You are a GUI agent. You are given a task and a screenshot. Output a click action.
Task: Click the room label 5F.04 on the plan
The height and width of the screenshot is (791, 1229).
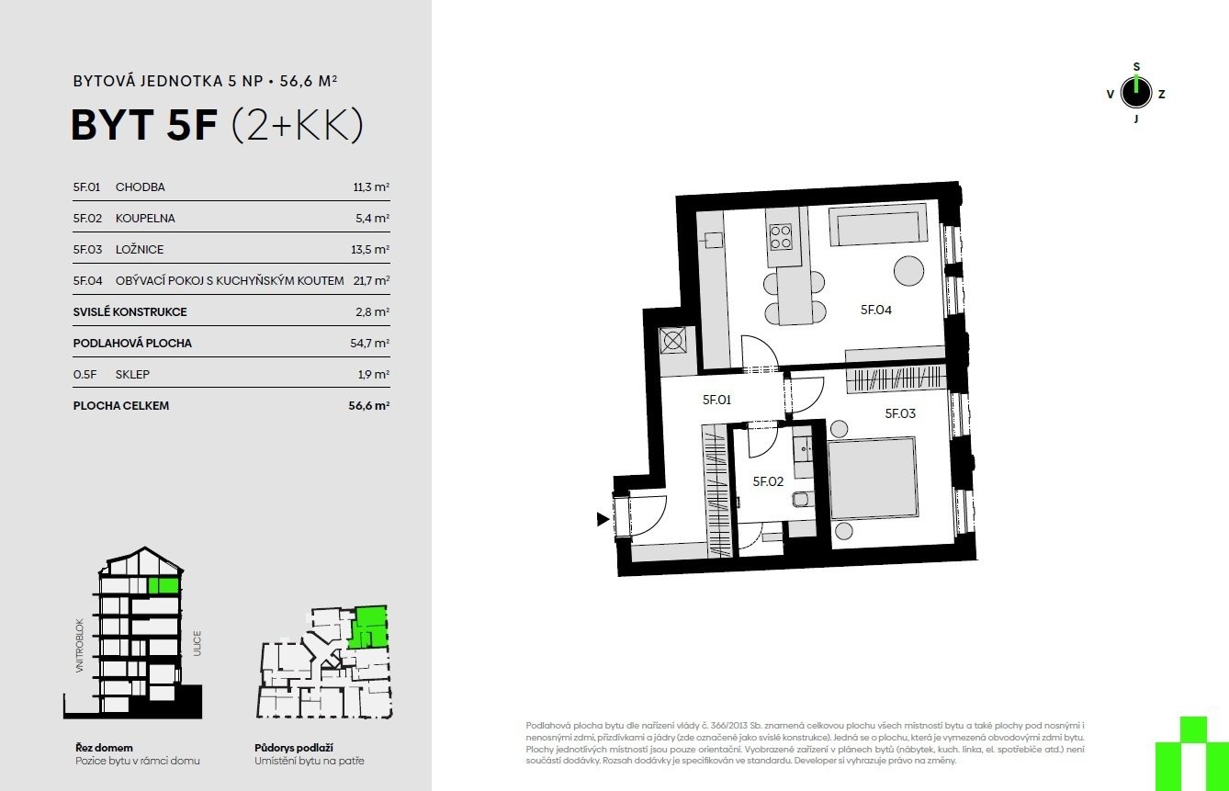(x=876, y=310)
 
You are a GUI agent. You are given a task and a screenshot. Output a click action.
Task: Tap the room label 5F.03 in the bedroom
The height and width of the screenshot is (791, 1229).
(x=900, y=413)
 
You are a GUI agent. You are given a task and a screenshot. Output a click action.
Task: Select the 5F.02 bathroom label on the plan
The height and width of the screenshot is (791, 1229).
(x=768, y=481)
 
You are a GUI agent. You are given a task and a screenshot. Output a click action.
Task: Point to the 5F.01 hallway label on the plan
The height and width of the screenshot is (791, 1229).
(x=717, y=400)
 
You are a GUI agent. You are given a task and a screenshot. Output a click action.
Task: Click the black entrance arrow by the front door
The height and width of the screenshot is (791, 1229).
(x=603, y=519)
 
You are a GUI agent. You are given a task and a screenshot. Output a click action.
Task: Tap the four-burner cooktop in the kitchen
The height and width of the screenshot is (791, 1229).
(x=781, y=237)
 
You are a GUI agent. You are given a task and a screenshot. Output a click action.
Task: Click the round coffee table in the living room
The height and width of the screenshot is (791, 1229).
(x=908, y=271)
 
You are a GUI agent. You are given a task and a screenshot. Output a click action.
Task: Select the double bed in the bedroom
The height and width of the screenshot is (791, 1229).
(x=873, y=478)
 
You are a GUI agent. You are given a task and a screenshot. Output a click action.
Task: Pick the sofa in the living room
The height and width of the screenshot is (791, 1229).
(x=878, y=225)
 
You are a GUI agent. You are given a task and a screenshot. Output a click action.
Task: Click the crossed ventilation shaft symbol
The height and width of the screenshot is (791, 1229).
(x=672, y=342)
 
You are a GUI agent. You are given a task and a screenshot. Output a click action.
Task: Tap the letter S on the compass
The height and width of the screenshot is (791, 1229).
(x=1136, y=67)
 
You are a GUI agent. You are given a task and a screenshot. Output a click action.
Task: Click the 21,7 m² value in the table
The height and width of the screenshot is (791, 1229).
(x=371, y=280)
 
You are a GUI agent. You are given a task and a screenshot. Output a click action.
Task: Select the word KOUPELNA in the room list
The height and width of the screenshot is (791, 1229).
(x=145, y=219)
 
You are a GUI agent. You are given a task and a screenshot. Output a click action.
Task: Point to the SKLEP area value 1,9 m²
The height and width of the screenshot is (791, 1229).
(x=374, y=374)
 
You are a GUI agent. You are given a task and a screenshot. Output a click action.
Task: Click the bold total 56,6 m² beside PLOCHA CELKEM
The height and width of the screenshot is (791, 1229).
(x=368, y=406)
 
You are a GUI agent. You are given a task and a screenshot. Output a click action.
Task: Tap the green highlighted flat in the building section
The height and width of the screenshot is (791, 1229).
(x=163, y=586)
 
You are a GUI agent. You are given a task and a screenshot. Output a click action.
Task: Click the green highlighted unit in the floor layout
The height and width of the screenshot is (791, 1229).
(x=368, y=627)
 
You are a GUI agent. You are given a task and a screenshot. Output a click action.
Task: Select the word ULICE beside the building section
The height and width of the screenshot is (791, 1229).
(x=197, y=643)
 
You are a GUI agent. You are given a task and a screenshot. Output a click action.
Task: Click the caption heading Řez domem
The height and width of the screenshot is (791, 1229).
(x=104, y=748)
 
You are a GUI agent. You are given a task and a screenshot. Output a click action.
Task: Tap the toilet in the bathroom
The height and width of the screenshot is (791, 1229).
(x=800, y=500)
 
